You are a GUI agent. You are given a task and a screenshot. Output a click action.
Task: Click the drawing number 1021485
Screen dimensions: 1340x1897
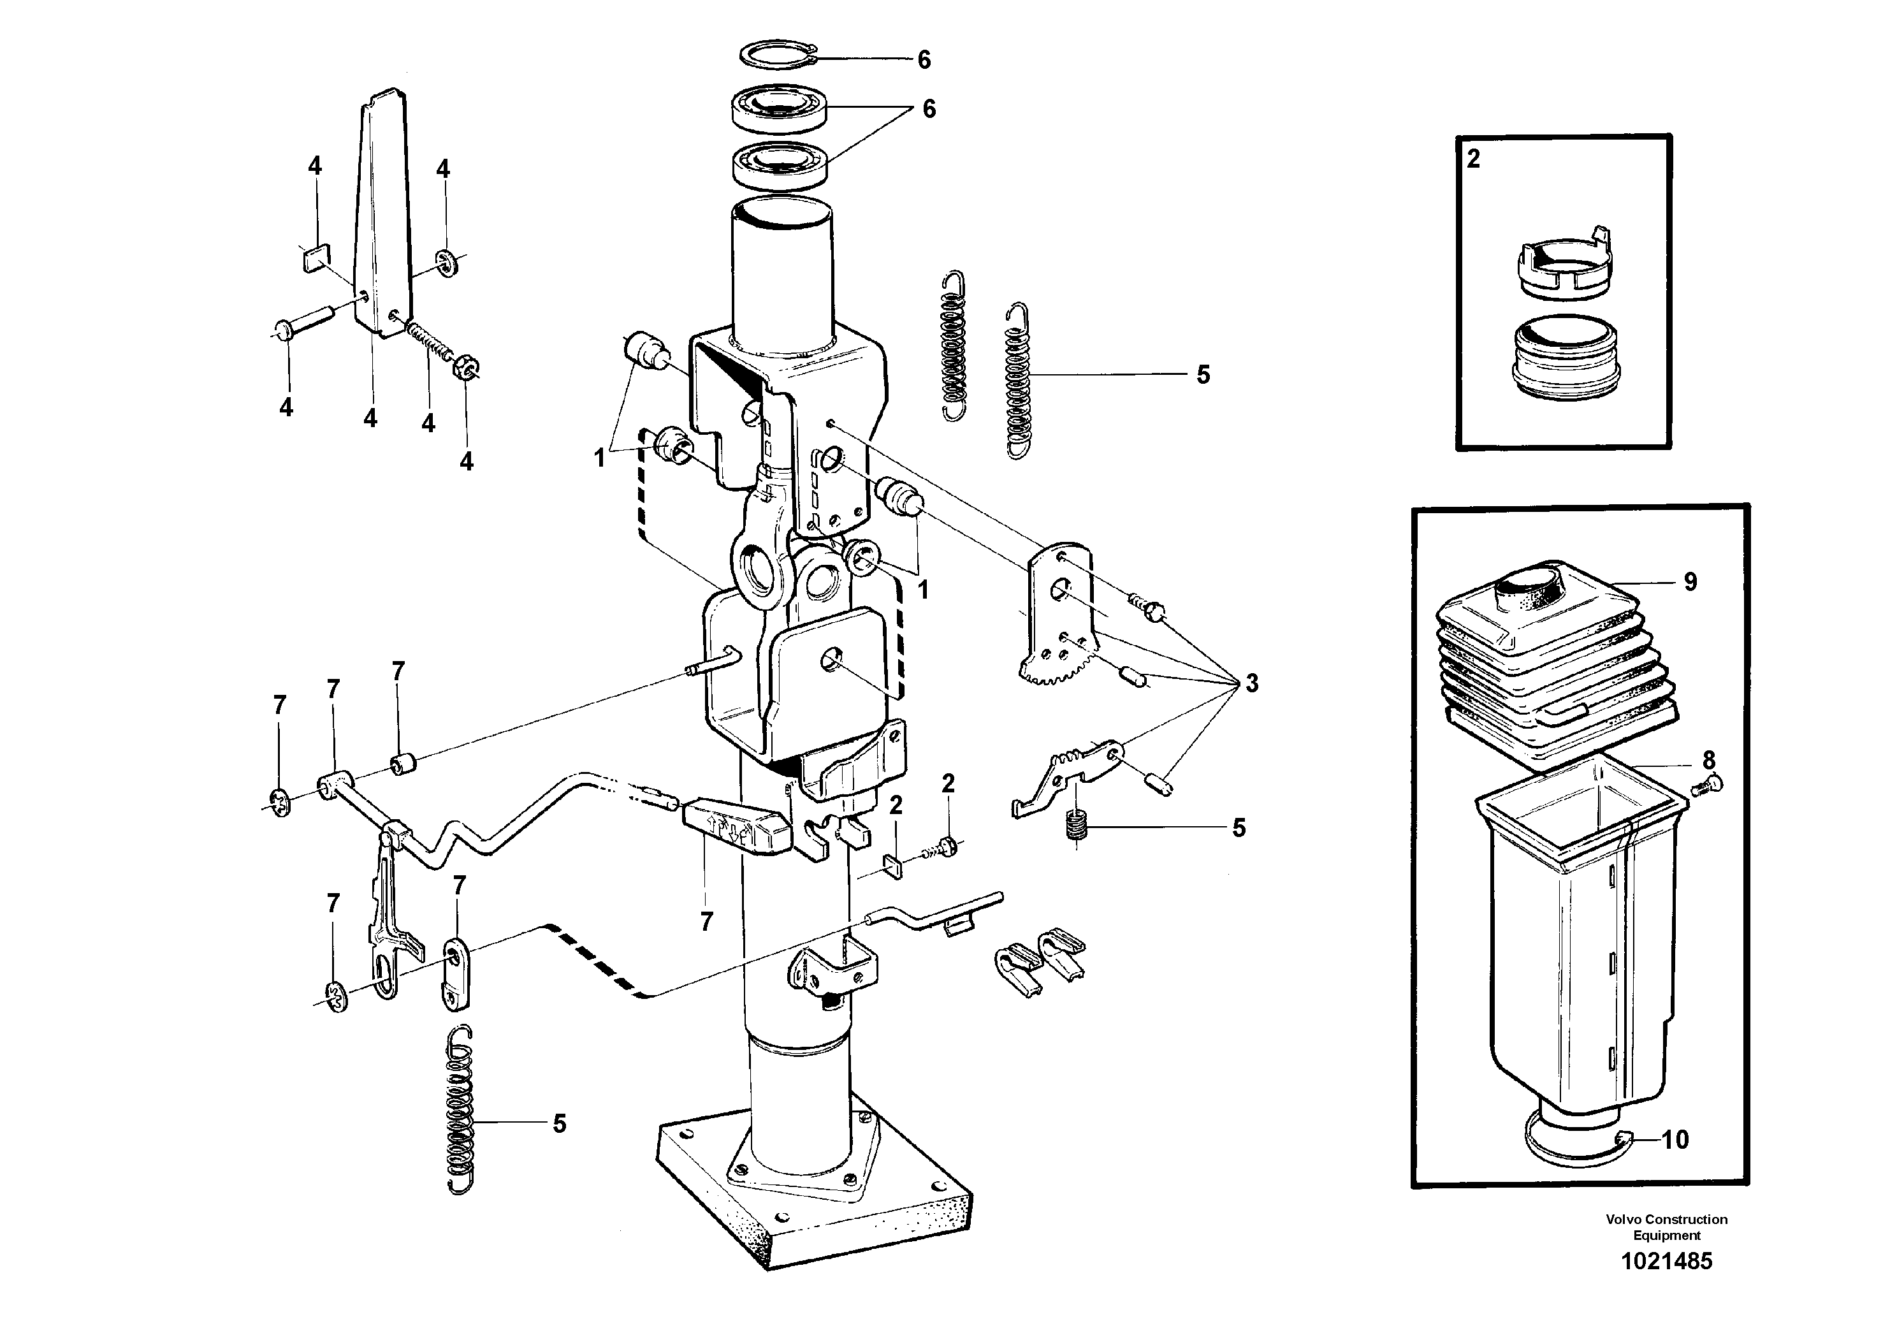tap(1666, 1262)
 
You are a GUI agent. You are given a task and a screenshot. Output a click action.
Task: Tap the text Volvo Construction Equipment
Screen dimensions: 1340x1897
tap(1666, 1227)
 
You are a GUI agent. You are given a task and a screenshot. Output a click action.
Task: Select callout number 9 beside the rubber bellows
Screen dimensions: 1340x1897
tap(1690, 583)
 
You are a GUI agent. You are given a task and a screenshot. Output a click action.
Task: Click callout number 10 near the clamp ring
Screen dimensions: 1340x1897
tap(1675, 1140)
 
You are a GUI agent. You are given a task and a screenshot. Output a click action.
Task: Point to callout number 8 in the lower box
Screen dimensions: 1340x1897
tap(1708, 759)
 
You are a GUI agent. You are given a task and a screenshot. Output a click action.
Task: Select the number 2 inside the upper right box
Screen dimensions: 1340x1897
tap(1473, 159)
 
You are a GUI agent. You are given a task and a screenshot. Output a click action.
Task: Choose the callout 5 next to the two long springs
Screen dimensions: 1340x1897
tap(1203, 375)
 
